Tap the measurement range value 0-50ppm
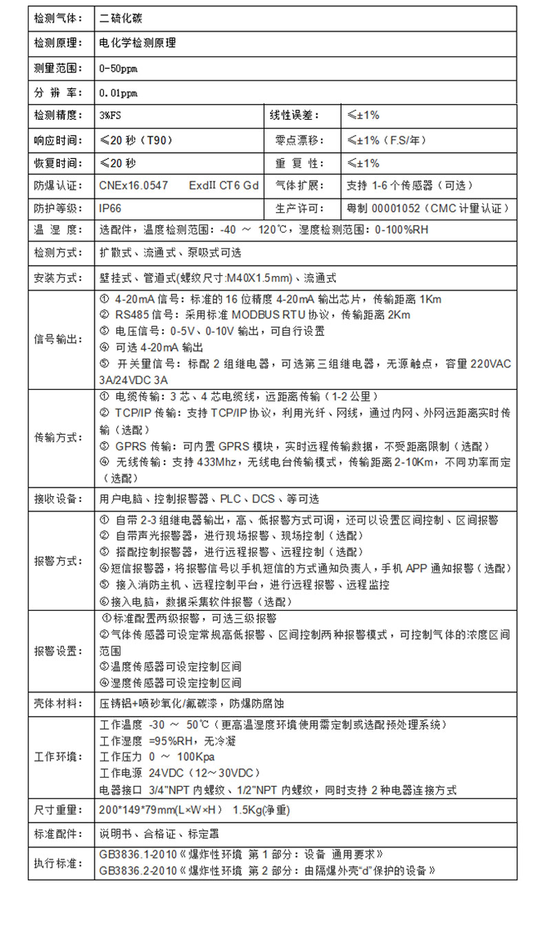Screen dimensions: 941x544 pos(118,69)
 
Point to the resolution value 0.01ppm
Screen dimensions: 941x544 pos(118,92)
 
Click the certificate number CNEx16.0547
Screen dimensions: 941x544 pos(134,186)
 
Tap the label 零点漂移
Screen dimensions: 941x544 pos(294,140)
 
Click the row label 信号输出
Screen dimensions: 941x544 pos(58,339)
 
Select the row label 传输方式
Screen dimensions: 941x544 pos(58,438)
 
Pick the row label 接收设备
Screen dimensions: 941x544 pos(58,498)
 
